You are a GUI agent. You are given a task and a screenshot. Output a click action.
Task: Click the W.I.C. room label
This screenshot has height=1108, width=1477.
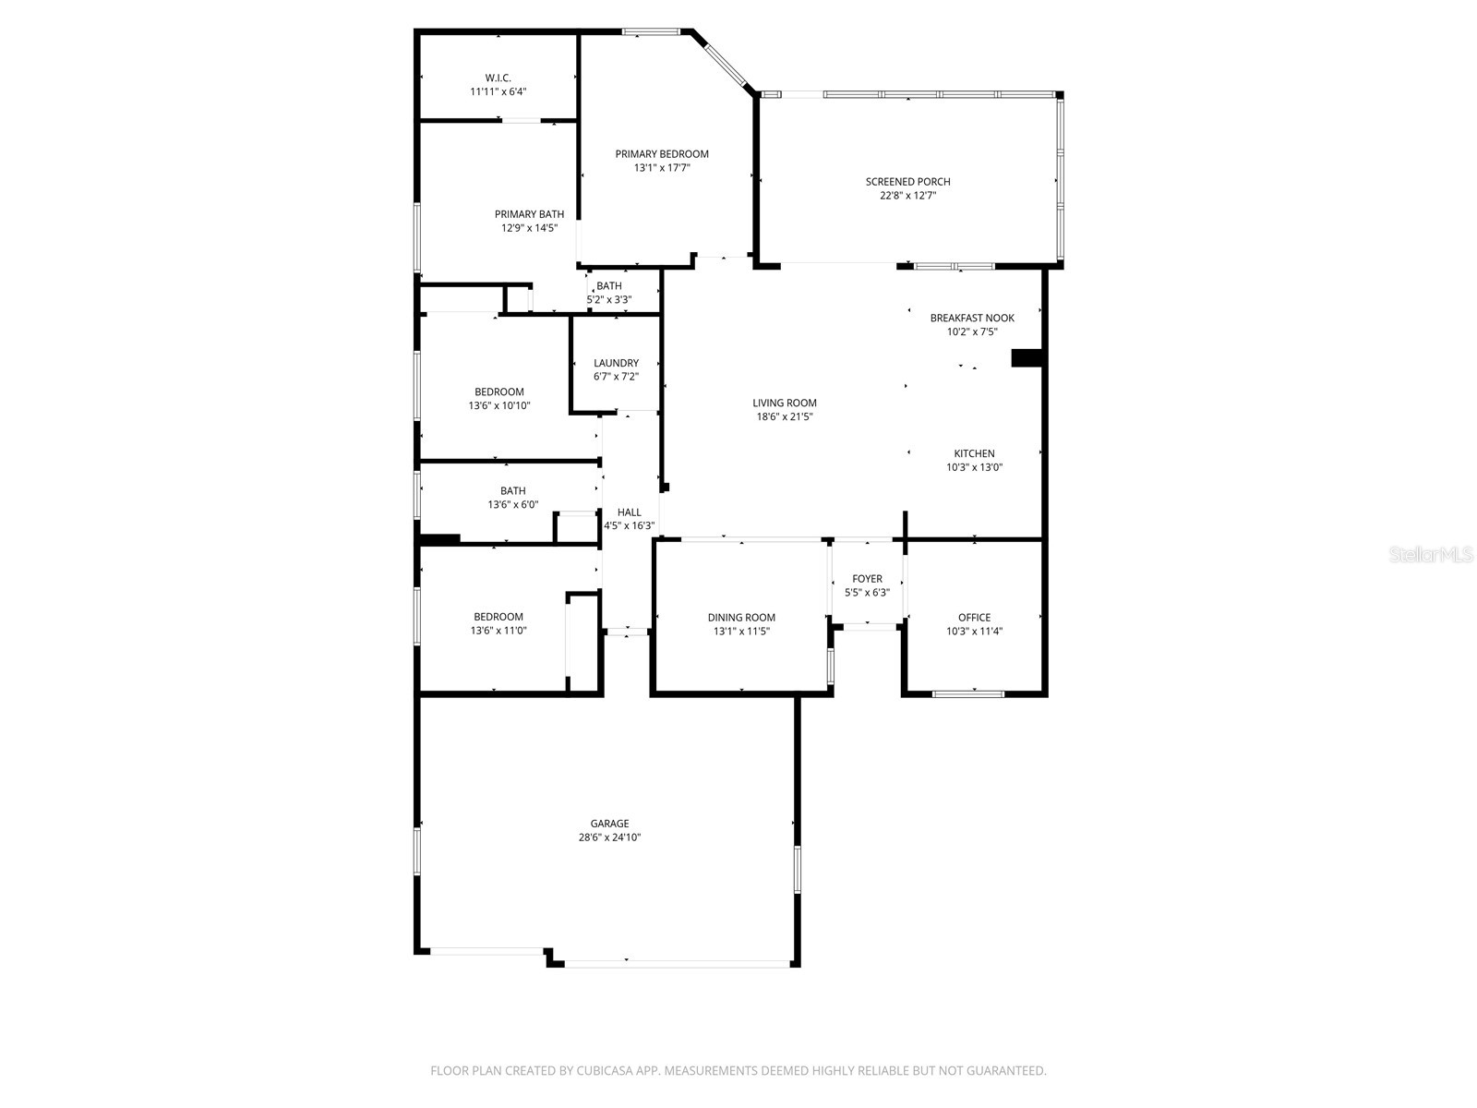click(x=498, y=78)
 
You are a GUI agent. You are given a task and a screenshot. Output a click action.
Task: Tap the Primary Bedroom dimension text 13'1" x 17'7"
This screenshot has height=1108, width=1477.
click(x=662, y=168)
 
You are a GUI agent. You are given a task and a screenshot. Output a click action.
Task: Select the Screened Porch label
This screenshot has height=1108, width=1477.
click(x=907, y=182)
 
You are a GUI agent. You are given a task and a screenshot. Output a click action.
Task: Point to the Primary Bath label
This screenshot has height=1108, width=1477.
click(x=529, y=214)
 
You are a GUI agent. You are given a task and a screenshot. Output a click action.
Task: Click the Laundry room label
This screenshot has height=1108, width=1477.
click(x=616, y=363)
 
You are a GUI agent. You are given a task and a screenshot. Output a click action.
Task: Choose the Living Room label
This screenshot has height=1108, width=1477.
click(x=785, y=403)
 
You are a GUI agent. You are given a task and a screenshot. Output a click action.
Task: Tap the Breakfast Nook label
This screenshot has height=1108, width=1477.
click(x=972, y=318)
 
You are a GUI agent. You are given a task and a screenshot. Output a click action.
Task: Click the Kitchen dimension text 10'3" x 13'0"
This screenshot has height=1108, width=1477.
click(x=974, y=467)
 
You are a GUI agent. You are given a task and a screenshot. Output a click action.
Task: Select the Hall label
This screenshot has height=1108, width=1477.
click(x=630, y=512)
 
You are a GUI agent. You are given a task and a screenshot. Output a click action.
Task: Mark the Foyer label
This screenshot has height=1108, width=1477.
click(x=867, y=579)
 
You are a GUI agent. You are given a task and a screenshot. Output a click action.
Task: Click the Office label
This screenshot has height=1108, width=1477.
click(x=974, y=618)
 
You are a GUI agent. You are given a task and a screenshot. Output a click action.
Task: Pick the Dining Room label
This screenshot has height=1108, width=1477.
click(x=741, y=618)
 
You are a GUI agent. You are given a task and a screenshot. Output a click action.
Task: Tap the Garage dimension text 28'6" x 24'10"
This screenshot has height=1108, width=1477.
click(x=610, y=837)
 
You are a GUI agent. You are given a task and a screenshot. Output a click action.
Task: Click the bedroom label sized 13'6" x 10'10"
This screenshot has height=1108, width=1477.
click(x=499, y=391)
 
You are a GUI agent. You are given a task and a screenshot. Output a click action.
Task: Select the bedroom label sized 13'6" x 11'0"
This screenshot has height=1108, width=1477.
click(x=498, y=617)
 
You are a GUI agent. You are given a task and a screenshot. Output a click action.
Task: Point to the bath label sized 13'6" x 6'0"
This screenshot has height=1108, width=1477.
click(x=513, y=491)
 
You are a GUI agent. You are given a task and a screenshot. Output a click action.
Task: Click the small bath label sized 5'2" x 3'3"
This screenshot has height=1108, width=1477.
click(x=609, y=286)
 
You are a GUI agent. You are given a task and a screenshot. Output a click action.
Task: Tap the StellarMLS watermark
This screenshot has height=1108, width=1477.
click(x=1430, y=554)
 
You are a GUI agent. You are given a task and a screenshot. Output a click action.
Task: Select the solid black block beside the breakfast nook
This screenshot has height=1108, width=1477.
click(x=1027, y=358)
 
